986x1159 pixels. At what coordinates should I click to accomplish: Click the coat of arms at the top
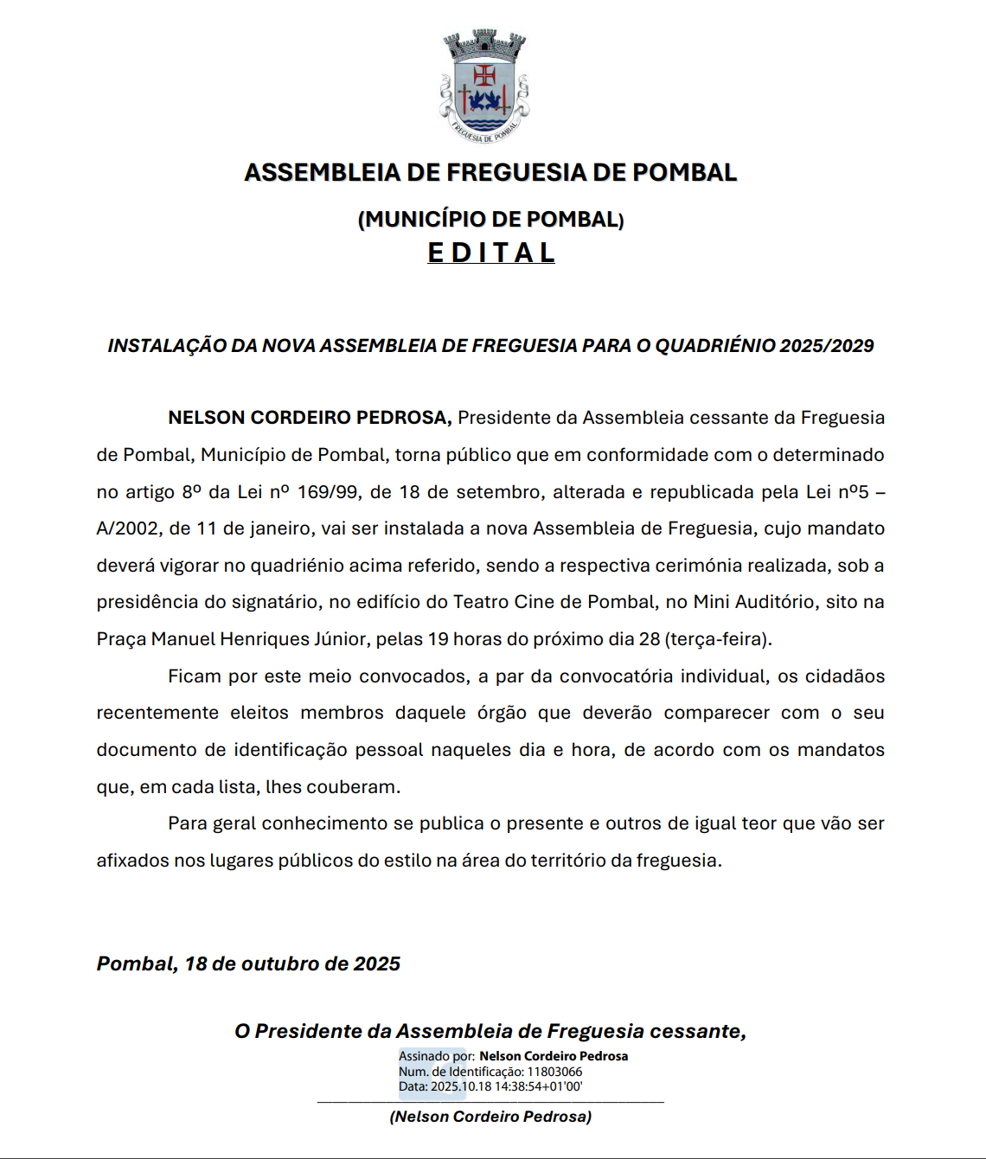click(x=483, y=86)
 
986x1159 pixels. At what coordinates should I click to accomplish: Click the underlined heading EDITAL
click(x=491, y=253)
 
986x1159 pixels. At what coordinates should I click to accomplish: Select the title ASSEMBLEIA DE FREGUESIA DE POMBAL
click(x=490, y=172)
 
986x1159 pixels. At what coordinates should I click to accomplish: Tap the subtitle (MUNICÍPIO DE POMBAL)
click(x=490, y=219)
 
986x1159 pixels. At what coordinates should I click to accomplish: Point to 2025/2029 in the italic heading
click(x=826, y=346)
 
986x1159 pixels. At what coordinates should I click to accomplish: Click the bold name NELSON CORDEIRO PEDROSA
click(x=309, y=418)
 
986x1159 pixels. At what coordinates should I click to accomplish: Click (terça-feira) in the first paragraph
click(x=718, y=639)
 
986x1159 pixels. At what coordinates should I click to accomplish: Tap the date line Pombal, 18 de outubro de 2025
click(x=248, y=964)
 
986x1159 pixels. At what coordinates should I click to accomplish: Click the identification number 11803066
click(x=554, y=1072)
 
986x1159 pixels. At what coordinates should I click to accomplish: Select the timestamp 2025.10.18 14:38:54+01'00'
click(x=506, y=1086)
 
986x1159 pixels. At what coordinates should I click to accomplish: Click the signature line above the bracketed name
click(x=490, y=1102)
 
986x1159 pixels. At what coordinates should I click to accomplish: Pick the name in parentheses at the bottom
click(x=490, y=1117)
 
